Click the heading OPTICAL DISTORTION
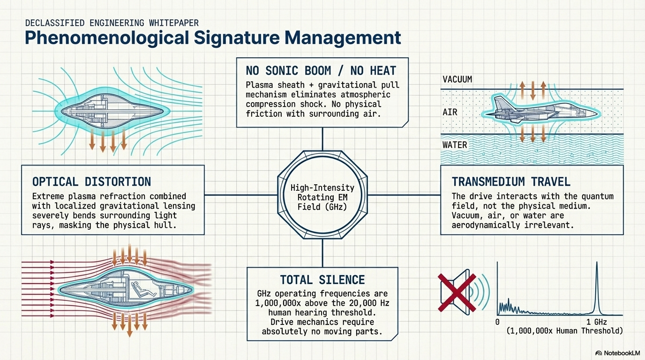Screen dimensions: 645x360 coord(91,181)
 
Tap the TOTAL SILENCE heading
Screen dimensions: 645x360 coord(322,280)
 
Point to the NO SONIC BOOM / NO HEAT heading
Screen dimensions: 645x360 coord(321,71)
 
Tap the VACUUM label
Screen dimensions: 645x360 coord(457,80)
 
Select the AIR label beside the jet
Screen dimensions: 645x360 coord(450,112)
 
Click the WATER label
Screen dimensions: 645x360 coord(455,144)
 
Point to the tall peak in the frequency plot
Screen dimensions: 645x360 coord(597,286)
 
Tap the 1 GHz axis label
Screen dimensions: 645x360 coord(597,322)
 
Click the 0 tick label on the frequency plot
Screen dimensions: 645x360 coord(497,322)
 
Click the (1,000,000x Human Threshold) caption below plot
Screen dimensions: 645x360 coord(564,331)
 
